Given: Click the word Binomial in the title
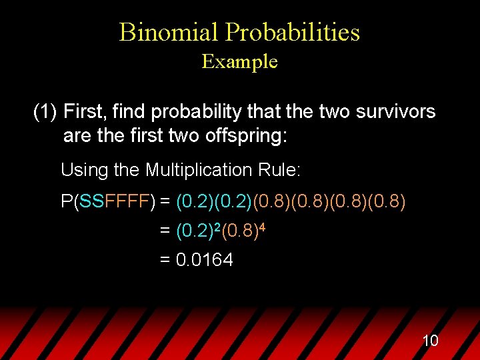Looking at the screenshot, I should (x=169, y=32).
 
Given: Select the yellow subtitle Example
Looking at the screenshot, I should (x=239, y=62).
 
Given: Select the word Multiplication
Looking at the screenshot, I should (x=201, y=170).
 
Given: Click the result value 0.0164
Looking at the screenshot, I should (x=204, y=260).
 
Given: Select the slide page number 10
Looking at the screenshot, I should (x=430, y=341).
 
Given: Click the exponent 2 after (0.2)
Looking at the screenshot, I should (x=215, y=227).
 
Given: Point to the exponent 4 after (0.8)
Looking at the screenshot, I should (x=262, y=227).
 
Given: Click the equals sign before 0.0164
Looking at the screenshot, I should (x=165, y=260).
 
